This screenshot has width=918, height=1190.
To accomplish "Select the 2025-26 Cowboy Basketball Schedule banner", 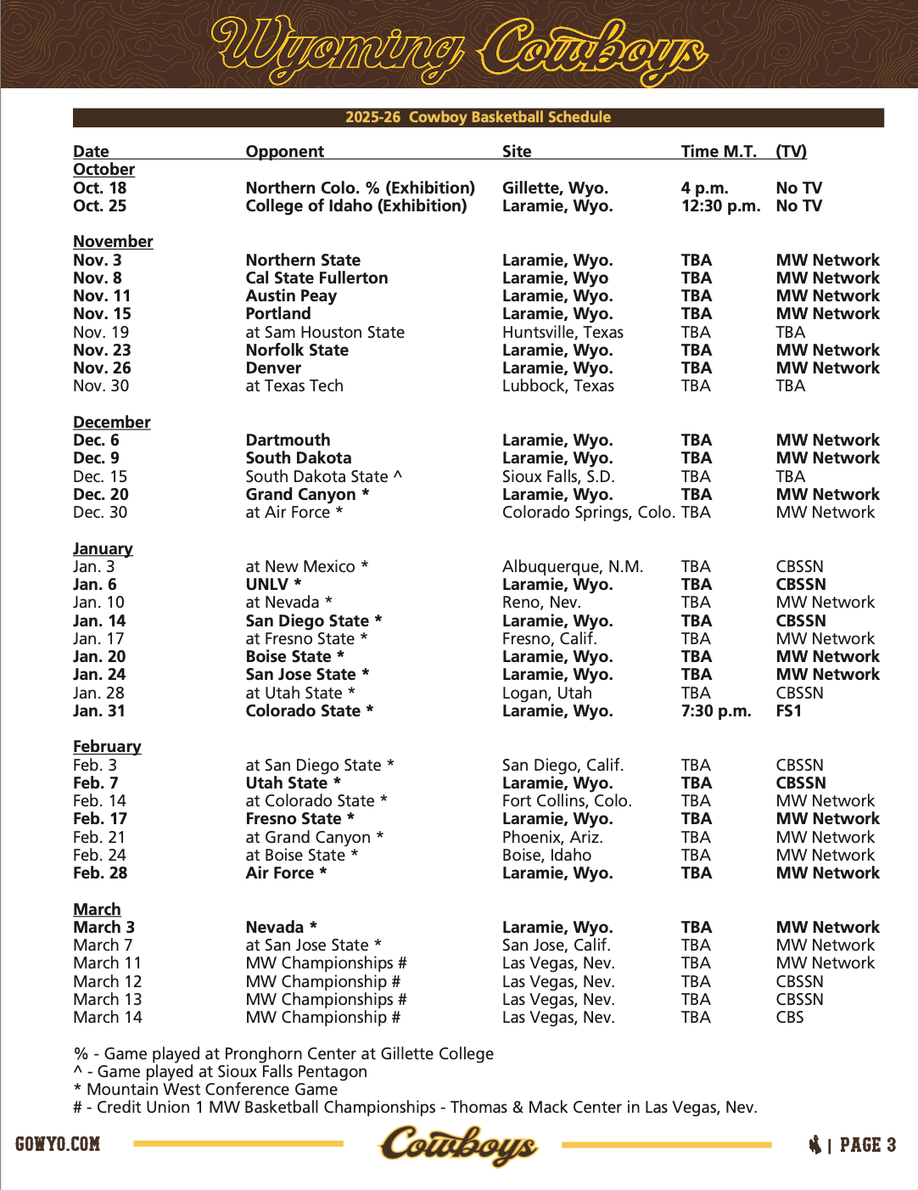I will (478, 117).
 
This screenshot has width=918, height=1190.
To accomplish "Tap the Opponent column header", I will (284, 151).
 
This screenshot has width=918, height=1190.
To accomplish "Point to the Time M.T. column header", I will (718, 151).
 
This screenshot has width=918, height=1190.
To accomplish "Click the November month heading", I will (113, 241).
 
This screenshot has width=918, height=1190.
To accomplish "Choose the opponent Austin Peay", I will (291, 295).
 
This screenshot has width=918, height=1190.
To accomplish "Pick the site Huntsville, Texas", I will (563, 332).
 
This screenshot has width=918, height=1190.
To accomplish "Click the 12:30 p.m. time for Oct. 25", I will (720, 205).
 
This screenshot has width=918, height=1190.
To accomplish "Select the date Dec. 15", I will (100, 476).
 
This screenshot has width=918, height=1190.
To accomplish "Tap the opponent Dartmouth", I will (288, 440).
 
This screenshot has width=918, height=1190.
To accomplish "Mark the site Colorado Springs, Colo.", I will (588, 512).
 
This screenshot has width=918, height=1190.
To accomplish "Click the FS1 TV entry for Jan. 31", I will (788, 710).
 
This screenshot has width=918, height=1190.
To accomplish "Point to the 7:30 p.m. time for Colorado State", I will (715, 710).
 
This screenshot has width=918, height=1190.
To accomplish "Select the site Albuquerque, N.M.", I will (572, 566).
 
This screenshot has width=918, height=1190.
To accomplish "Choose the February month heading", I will (107, 746).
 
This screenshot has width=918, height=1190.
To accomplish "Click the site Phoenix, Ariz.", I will (552, 837).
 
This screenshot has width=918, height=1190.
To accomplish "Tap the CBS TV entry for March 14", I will (789, 1017).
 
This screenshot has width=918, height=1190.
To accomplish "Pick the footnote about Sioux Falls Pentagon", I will (221, 1071).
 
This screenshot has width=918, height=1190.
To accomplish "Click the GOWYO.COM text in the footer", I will (58, 1144).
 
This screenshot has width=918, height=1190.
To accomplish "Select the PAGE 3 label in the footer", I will (866, 1145).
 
